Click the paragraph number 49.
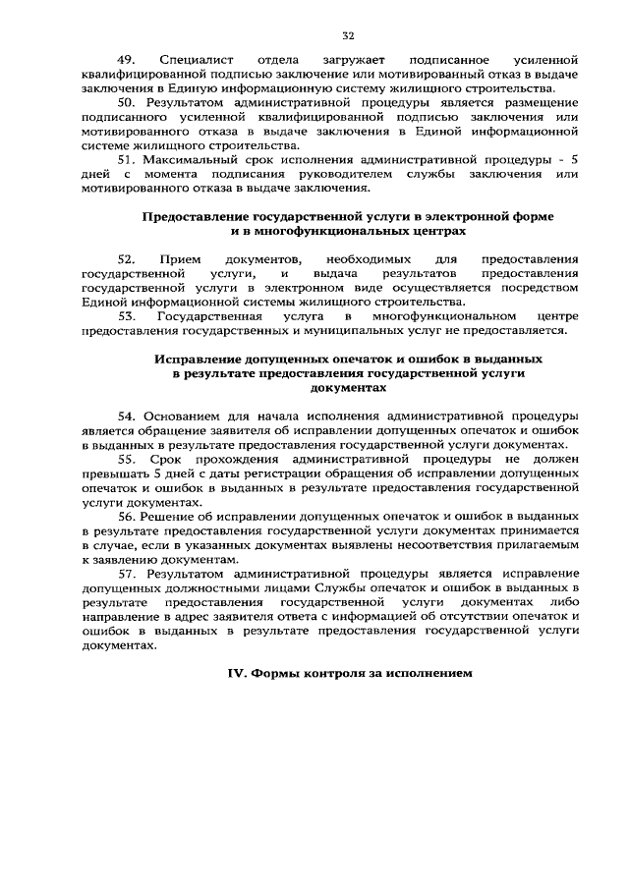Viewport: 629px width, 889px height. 129,60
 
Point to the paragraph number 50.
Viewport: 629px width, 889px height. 129,102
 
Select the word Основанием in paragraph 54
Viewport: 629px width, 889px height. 178,417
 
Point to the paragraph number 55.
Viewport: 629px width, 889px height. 129,459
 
